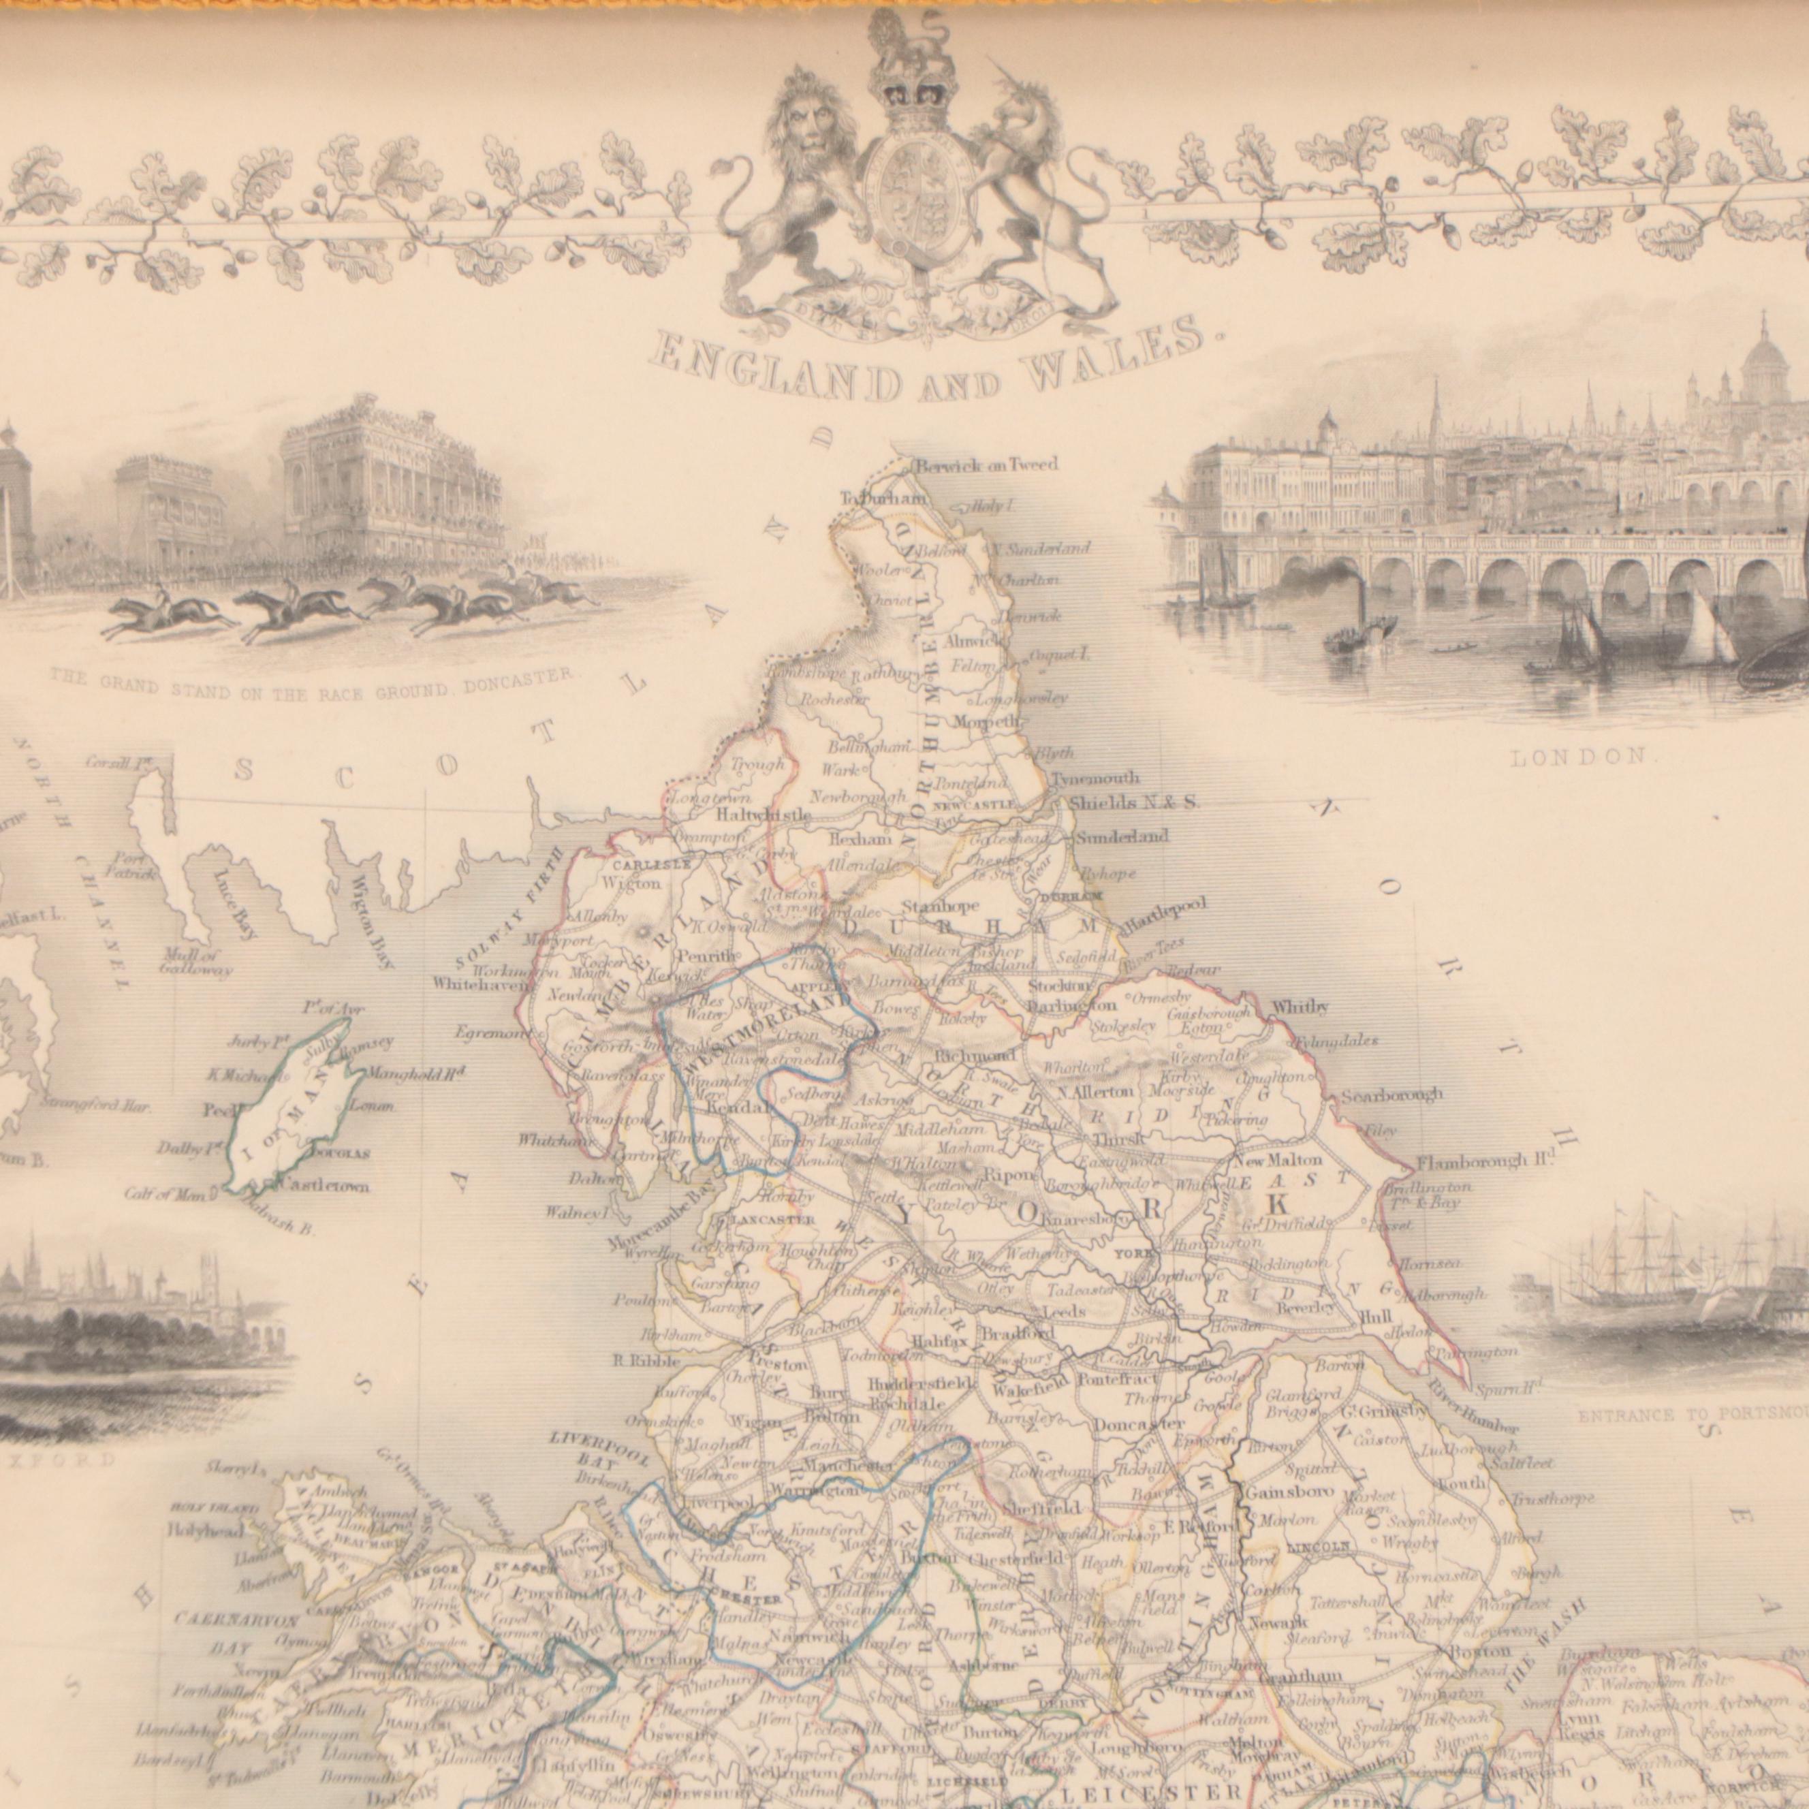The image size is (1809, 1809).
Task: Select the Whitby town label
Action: (1300, 1007)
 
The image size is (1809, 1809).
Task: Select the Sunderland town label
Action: (1121, 836)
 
